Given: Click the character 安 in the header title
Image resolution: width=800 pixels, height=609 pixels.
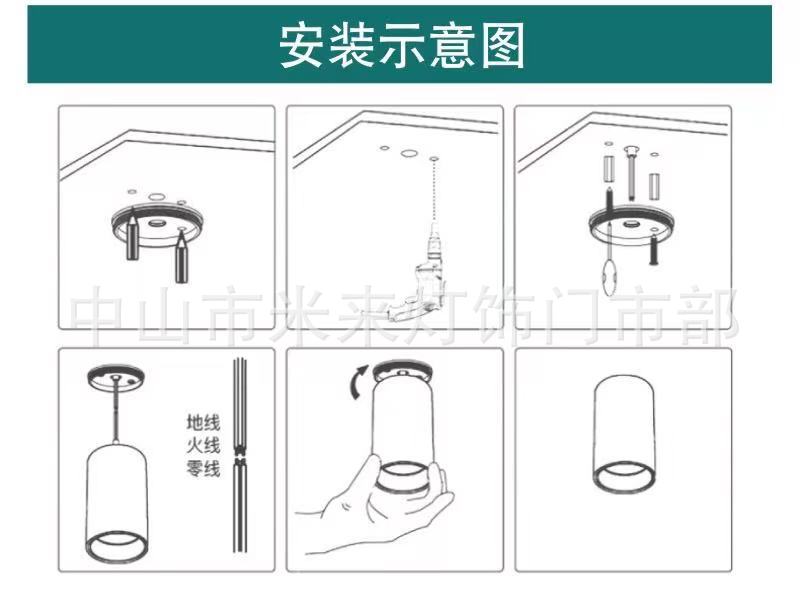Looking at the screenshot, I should tap(299, 45).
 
